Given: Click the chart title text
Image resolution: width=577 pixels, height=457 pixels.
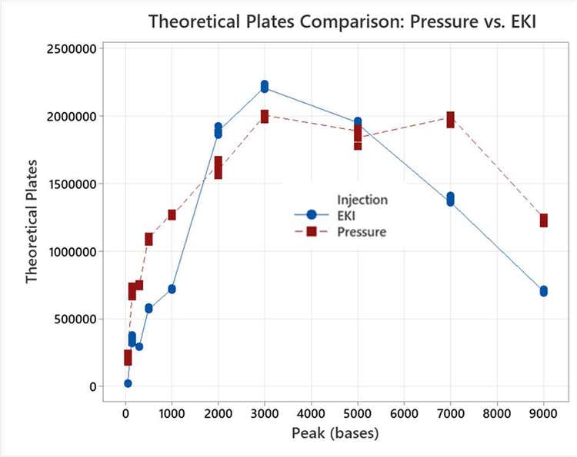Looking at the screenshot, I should coord(342,21).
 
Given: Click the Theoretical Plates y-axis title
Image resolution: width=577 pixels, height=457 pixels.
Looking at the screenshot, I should coord(32,217).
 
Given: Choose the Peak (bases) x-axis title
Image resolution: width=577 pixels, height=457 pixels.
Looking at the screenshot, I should coord(335,433).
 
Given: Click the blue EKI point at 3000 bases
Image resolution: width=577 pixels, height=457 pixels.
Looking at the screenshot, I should coord(265,87).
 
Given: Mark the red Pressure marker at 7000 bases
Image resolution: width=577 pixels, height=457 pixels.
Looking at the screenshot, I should coord(451,119).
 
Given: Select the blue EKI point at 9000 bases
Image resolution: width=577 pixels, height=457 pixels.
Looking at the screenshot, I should coord(544,291).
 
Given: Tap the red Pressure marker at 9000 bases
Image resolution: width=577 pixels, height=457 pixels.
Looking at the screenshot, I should coord(544,220).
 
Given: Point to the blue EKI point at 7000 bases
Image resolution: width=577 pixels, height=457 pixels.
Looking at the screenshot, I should coord(451,200).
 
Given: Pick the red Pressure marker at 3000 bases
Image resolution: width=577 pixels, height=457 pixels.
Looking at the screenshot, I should coord(265,116).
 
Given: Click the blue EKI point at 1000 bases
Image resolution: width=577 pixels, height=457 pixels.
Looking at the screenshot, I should coord(172,289).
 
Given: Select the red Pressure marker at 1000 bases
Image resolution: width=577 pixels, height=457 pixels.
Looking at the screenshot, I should coord(172,214).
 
